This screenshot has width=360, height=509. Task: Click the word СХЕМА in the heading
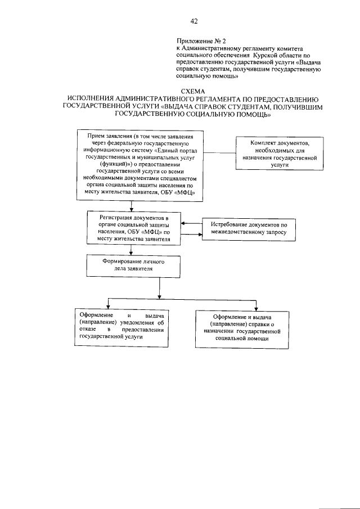[x=193, y=92]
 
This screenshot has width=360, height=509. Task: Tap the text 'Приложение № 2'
[x=200, y=41]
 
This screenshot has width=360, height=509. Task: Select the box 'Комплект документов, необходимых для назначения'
[x=278, y=154]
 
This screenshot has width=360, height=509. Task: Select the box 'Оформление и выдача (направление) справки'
[x=242, y=327]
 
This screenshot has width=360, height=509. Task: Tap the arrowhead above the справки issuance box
[x=256, y=307]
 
